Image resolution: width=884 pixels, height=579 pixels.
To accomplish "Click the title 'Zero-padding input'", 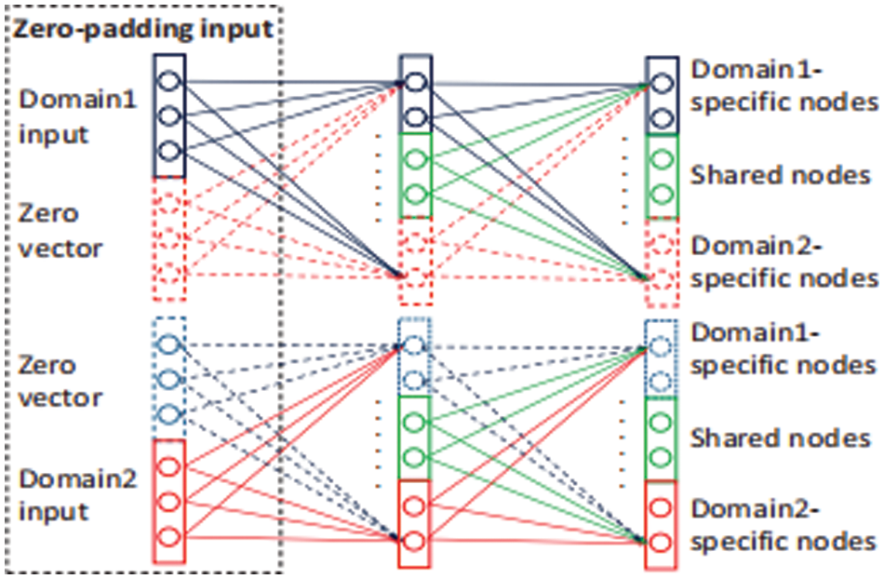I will [x=141, y=28].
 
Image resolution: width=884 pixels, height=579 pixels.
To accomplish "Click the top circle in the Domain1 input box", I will [x=169, y=81].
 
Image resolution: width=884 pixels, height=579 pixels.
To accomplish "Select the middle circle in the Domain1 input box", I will [x=169, y=115].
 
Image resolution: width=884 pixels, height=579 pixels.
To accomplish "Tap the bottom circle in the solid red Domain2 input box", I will [x=169, y=537].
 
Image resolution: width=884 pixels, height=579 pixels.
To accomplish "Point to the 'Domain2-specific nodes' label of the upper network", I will [x=784, y=262].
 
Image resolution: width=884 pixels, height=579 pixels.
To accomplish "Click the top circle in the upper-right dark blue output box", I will [x=662, y=82].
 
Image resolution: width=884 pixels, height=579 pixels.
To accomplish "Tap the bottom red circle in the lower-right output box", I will [x=662, y=542].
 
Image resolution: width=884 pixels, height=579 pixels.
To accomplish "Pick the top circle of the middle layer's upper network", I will [x=416, y=82].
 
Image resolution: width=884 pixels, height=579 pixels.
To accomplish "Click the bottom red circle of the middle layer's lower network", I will [x=416, y=541].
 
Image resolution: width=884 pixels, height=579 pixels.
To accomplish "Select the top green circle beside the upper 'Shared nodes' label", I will [x=662, y=157].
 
